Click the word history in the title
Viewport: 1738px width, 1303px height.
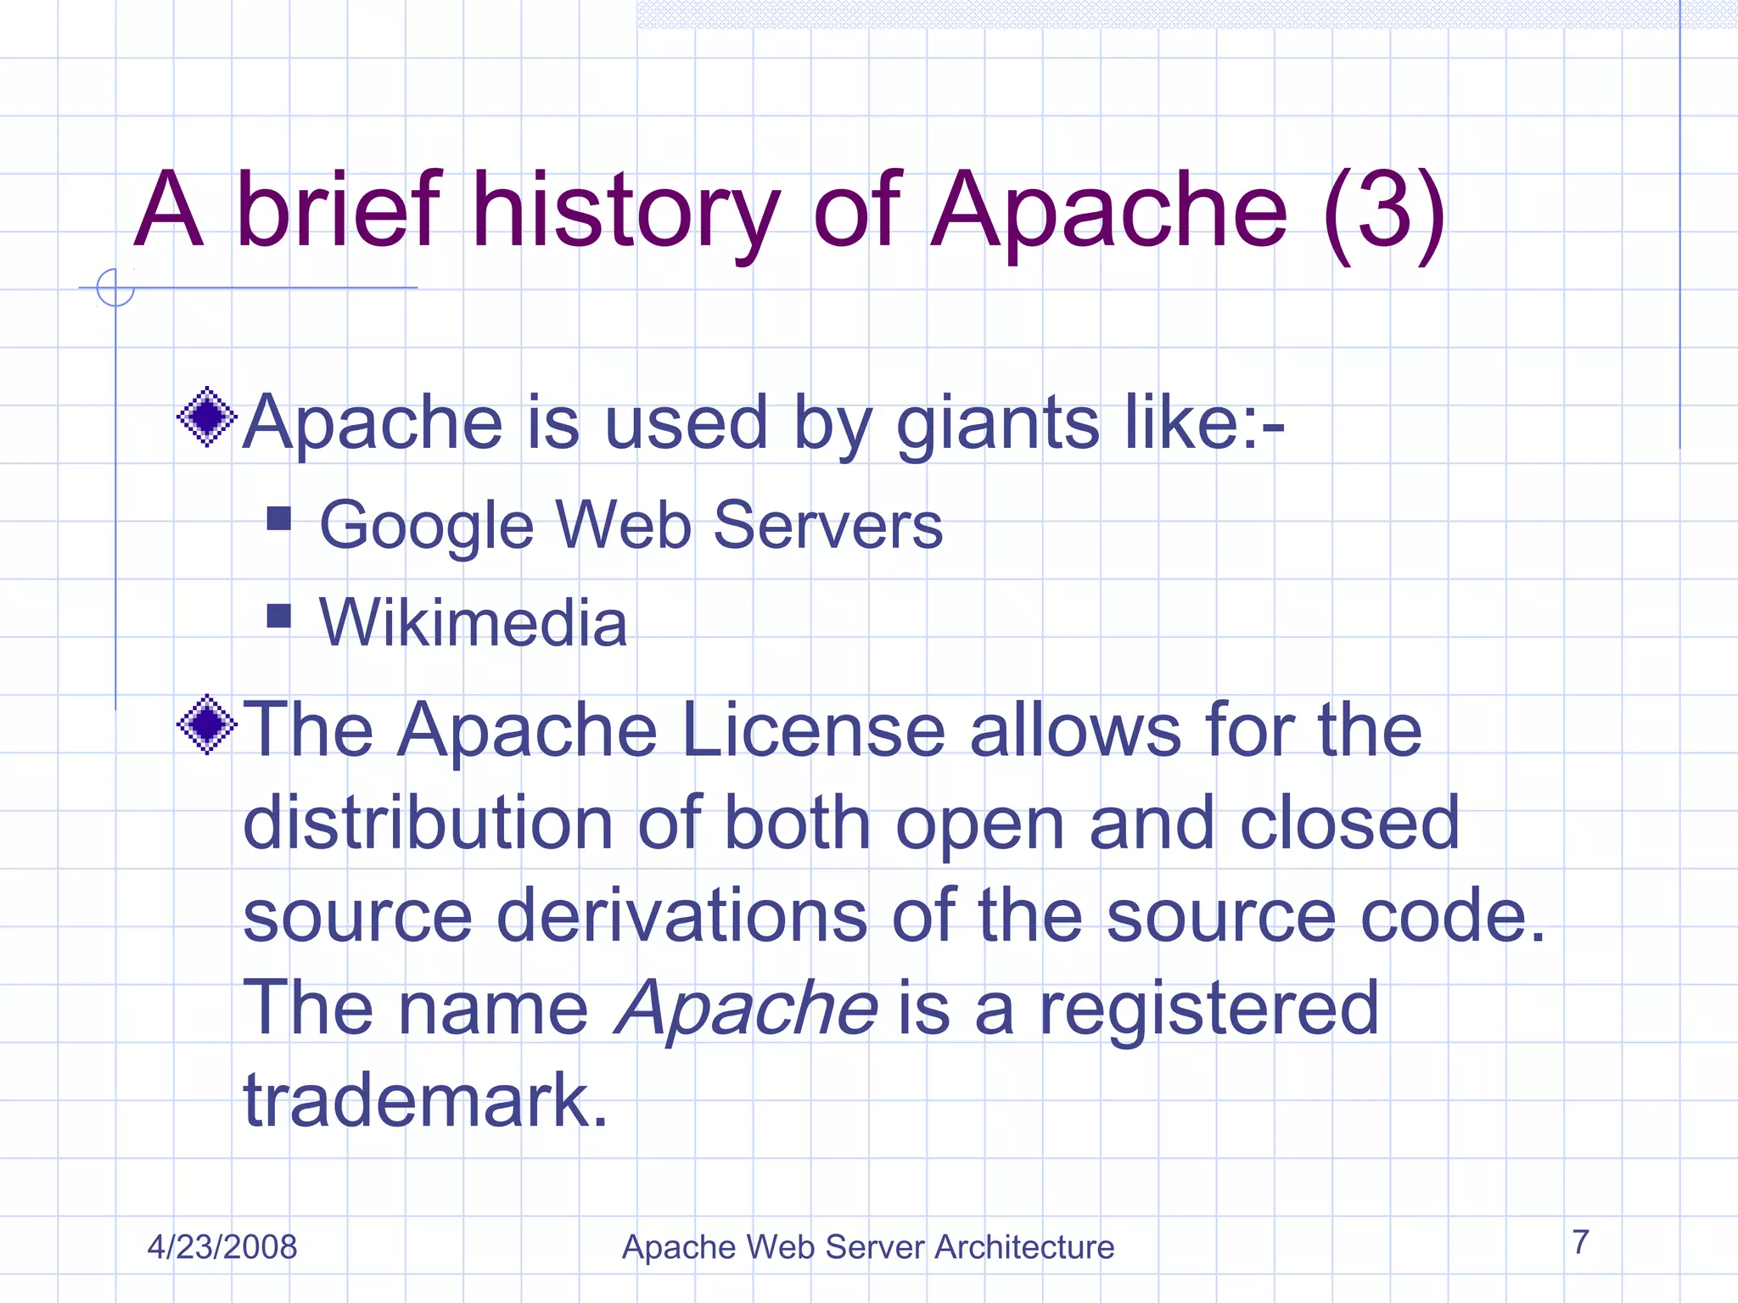click(x=625, y=212)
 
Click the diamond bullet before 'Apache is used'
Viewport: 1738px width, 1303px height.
click(x=206, y=417)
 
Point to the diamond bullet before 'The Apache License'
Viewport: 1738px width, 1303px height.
click(x=206, y=724)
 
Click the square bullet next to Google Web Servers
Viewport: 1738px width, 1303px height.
click(x=278, y=518)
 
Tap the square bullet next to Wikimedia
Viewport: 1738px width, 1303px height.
click(x=278, y=615)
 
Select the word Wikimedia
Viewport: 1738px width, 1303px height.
click(x=473, y=623)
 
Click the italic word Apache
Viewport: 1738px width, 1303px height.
click(x=746, y=1009)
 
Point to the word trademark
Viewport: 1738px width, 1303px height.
click(x=425, y=1100)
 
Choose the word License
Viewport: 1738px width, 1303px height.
click(x=813, y=730)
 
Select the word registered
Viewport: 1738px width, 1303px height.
click(x=1208, y=1009)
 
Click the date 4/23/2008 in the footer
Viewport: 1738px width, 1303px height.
click(x=222, y=1247)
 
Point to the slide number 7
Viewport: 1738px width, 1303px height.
click(x=1580, y=1242)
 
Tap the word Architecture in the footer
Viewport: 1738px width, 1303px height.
click(x=1024, y=1247)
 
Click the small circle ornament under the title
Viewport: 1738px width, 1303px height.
click(x=115, y=288)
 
